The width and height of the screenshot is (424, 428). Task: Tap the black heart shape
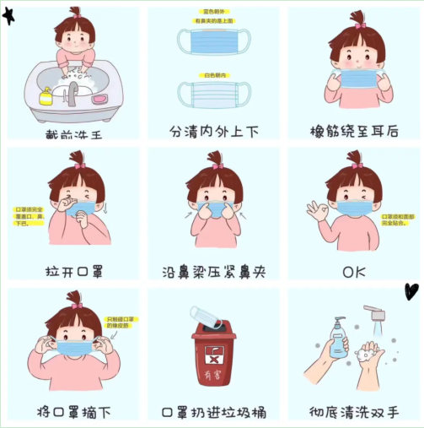click(x=411, y=291)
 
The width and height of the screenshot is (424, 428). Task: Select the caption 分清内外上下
click(x=212, y=132)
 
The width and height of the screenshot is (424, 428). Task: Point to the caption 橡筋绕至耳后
click(x=355, y=132)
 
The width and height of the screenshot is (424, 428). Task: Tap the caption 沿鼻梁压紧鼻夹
click(x=212, y=272)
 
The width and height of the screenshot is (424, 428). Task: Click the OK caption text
click(x=355, y=272)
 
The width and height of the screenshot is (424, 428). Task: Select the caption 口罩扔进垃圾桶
click(x=212, y=412)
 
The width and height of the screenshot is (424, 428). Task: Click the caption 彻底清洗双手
click(x=355, y=412)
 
